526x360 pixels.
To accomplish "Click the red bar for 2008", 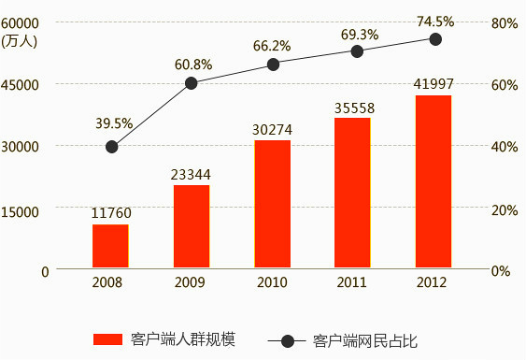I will (x=110, y=247).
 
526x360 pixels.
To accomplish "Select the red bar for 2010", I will (x=272, y=205).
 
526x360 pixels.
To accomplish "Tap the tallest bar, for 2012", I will (x=434, y=182).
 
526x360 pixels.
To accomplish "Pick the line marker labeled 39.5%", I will (x=112, y=147).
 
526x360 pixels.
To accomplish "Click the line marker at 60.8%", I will (x=192, y=83).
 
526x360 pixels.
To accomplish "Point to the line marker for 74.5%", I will (x=435, y=39).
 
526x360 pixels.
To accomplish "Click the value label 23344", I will (x=191, y=174).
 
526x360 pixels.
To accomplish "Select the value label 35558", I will (x=353, y=108).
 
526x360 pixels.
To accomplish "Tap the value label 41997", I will (x=433, y=85).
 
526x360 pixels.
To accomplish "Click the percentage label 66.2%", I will (x=272, y=45).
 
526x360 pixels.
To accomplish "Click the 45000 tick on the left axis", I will (x=21, y=84).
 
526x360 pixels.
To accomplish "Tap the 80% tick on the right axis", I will (x=505, y=22).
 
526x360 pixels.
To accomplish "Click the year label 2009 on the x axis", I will (x=191, y=282).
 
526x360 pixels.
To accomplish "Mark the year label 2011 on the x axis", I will (x=353, y=282).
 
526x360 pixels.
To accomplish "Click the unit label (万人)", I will (x=19, y=40).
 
